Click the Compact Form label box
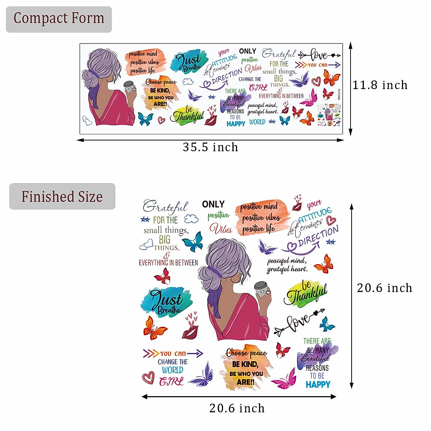tap(59, 19)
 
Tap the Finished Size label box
tap(62, 196)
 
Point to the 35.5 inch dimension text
tap(210, 147)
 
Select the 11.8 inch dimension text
tap(380, 85)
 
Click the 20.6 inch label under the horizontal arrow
tap(237, 408)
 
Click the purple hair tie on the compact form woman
tap(94, 73)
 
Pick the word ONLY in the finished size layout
tap(213, 204)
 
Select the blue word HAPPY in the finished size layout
tap(318, 385)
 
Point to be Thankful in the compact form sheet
tap(188, 115)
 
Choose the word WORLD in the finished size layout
tap(172, 370)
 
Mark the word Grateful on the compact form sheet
tap(279, 54)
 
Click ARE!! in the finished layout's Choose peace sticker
tap(245, 382)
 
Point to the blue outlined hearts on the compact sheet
tap(87, 121)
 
